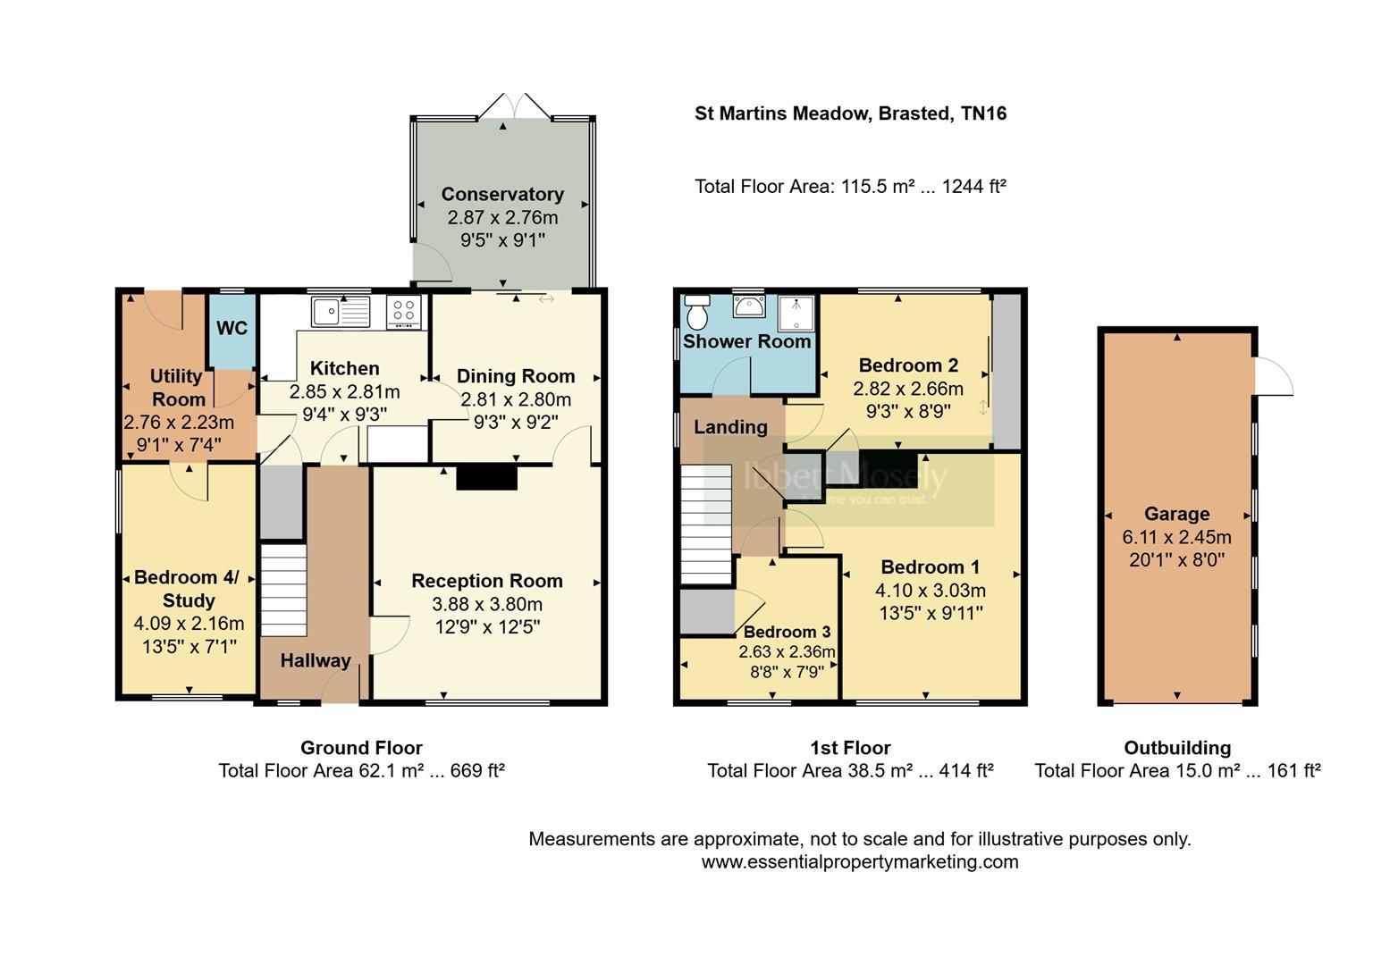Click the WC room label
232,328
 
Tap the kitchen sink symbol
341,312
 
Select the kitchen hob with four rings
403,312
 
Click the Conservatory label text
502,194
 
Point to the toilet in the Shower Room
696,313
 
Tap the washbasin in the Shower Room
748,306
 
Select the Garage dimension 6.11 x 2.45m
1176,537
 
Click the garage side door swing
1273,376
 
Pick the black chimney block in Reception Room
487,478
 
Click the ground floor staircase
284,590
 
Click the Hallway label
315,660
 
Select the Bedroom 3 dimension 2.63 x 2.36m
787,651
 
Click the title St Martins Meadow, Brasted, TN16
850,113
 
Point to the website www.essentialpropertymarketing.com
859,861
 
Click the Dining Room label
516,376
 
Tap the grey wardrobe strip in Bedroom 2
1007,372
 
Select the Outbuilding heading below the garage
1176,748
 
